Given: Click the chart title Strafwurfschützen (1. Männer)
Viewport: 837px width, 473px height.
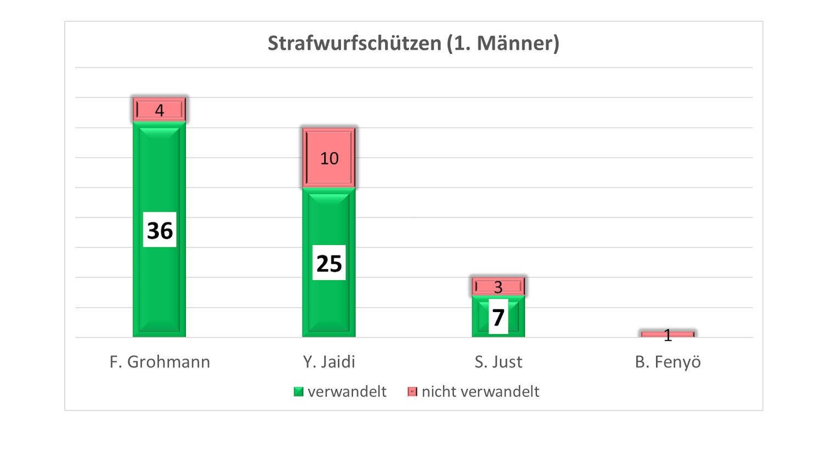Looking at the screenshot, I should tap(413, 43).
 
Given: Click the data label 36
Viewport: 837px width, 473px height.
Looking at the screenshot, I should tap(160, 230).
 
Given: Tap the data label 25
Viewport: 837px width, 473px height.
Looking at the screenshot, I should tap(329, 263).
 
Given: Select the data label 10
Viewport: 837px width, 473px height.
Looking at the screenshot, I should tap(329, 159).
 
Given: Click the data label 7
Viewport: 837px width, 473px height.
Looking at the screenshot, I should tap(498, 317).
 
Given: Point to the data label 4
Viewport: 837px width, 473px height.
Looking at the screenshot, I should tap(159, 110).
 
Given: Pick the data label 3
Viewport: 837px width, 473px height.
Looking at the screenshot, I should tap(498, 287).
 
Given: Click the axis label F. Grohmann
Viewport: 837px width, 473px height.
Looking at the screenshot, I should tap(160, 362).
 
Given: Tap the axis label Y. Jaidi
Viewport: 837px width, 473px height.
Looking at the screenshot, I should tap(329, 362).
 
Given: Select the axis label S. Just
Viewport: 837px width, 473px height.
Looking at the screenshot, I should tap(498, 362).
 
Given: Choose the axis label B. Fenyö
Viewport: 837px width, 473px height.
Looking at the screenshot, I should tap(668, 362).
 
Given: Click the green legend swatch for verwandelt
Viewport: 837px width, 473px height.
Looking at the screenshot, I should tap(298, 392).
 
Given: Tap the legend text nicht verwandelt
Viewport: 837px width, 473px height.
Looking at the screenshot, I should tap(480, 392).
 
